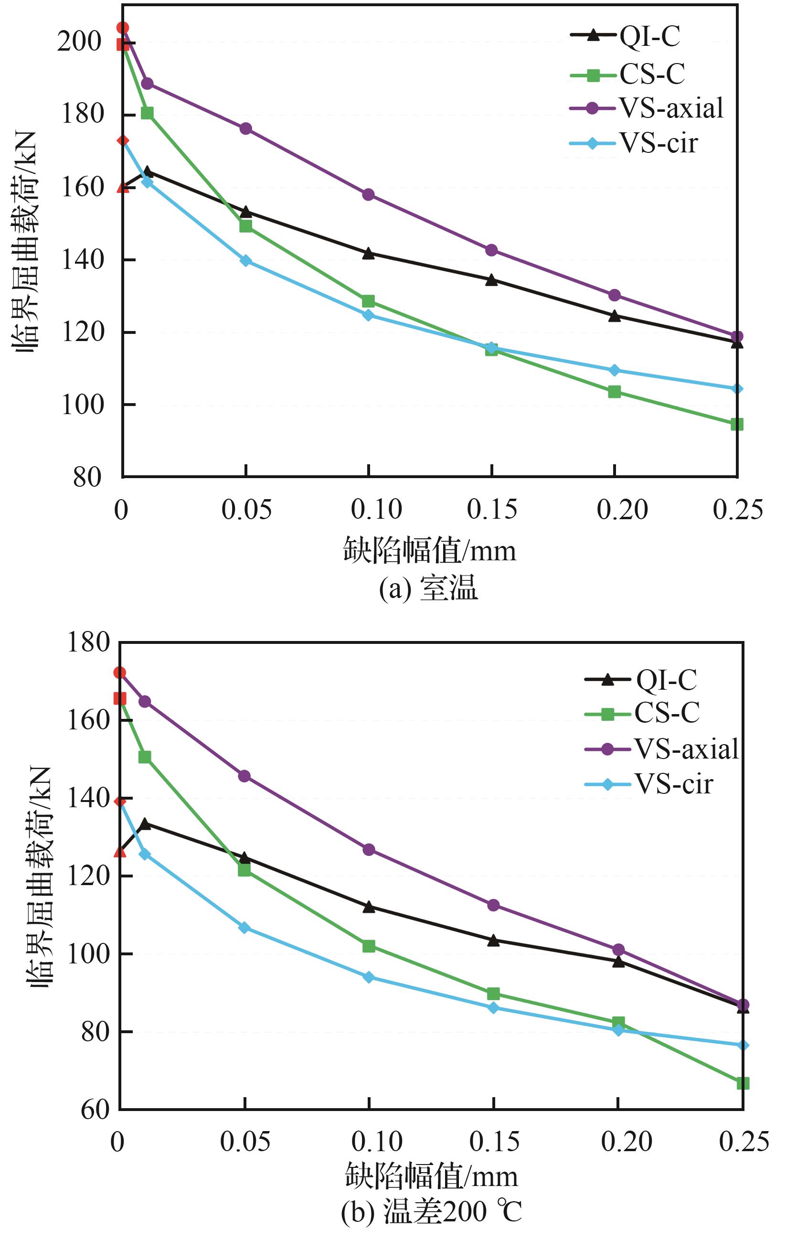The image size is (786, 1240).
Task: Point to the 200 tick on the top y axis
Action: (80, 41)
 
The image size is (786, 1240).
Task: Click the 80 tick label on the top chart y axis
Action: (87, 477)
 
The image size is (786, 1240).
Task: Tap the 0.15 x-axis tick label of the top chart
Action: (491, 510)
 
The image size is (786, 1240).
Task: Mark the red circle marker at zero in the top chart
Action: (123, 28)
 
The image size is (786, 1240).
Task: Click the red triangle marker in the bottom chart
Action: (119, 851)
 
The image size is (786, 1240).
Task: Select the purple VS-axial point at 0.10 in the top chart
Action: (369, 195)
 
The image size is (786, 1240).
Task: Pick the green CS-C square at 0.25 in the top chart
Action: (737, 424)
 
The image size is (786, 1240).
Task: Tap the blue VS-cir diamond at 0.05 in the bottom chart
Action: (244, 928)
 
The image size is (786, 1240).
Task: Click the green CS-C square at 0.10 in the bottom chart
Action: (369, 946)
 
